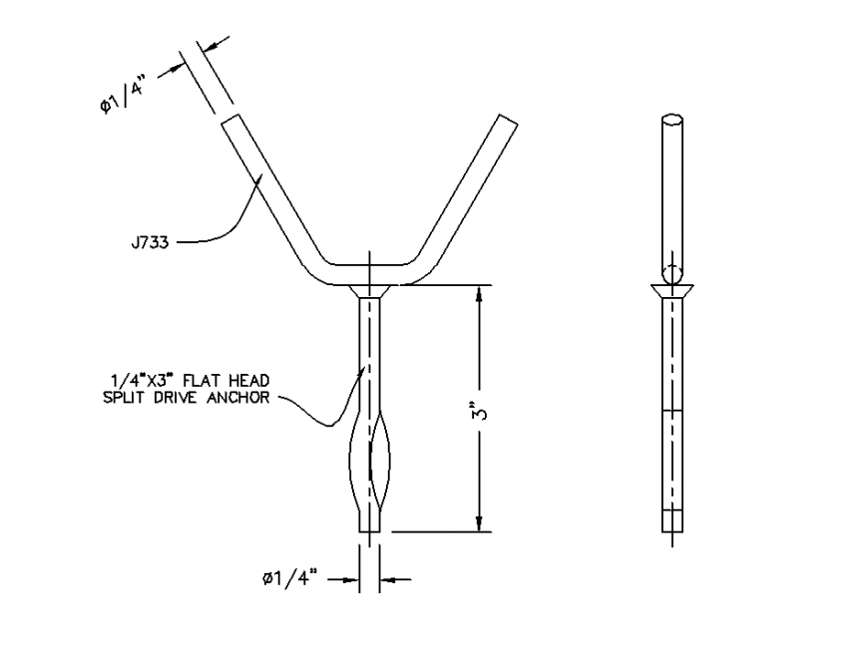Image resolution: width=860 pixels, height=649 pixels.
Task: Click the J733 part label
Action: coord(150,240)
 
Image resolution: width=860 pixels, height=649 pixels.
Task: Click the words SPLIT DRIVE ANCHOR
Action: coord(187,398)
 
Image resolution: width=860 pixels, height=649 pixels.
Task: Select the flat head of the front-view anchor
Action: coord(370,290)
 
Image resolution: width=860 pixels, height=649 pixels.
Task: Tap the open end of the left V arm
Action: coord(228,120)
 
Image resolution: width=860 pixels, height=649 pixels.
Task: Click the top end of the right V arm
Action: coord(506,120)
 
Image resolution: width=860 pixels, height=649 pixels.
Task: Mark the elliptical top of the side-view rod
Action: coord(672,121)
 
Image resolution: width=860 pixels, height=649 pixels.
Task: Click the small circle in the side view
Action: coord(672,274)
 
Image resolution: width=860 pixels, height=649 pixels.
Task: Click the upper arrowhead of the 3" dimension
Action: coord(480,294)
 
